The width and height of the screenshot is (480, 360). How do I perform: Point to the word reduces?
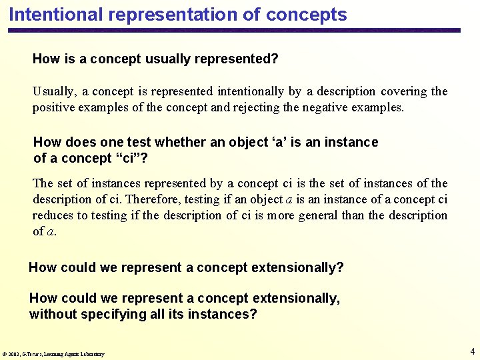pos(53,215)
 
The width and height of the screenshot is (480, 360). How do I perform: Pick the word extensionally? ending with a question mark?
pos(297,268)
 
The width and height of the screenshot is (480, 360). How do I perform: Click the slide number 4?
pos(472,351)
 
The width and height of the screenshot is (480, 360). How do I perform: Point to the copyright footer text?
pos(53,354)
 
